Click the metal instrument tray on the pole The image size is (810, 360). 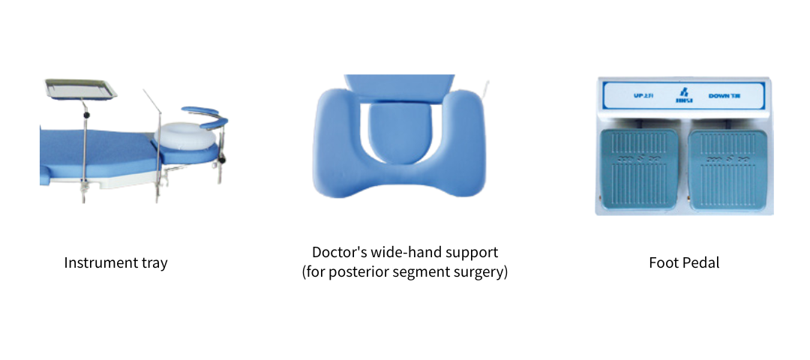coord(80,89)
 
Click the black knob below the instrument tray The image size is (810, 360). coord(88,115)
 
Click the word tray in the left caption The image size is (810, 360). coord(154,263)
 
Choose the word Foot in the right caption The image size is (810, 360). coord(663,263)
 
